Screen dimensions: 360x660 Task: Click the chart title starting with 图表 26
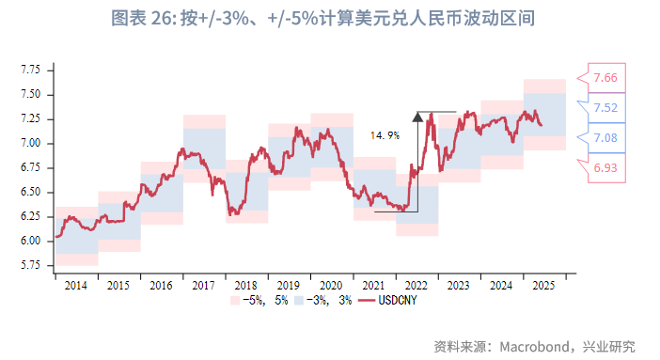(x=329, y=19)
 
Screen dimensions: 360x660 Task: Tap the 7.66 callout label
(x=605, y=78)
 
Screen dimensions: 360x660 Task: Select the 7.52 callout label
(x=605, y=108)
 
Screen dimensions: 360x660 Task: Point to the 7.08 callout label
(x=605, y=138)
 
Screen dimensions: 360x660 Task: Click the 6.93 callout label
(x=605, y=166)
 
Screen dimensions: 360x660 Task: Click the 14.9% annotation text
(x=385, y=135)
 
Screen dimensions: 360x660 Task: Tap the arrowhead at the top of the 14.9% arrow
(x=416, y=115)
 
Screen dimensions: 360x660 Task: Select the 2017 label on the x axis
(x=203, y=285)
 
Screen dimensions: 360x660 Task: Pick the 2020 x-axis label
(x=331, y=285)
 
